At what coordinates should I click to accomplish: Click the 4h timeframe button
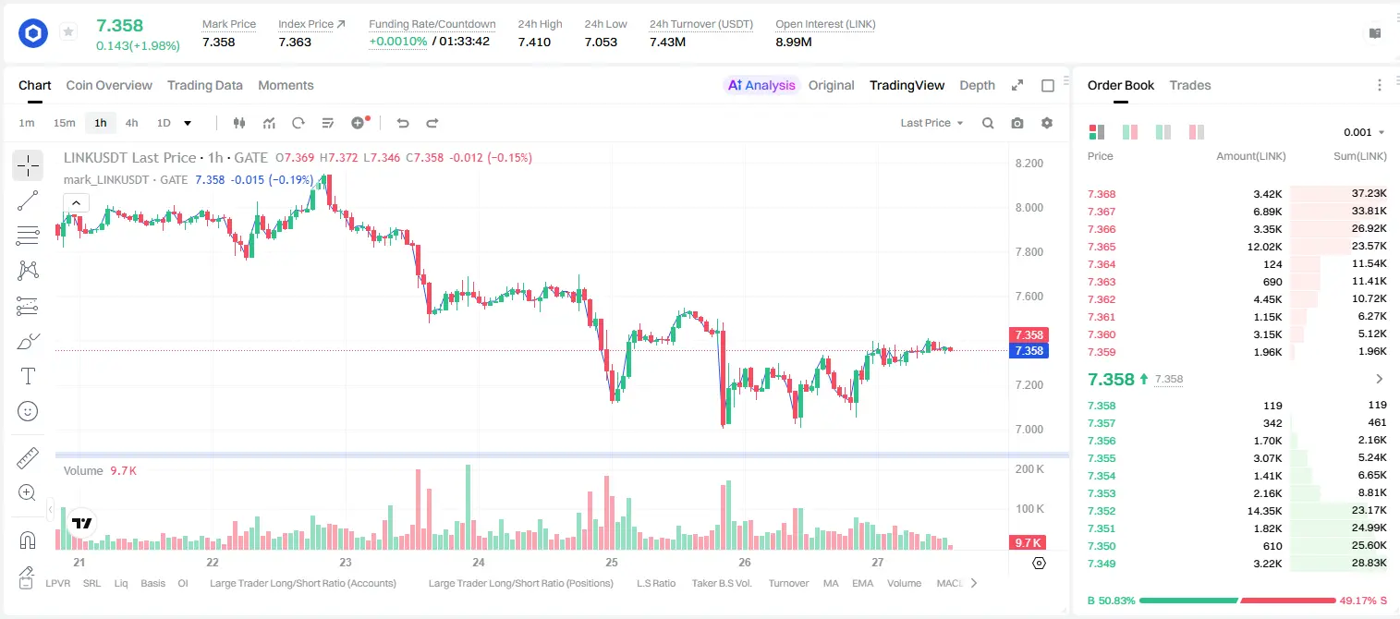pyautogui.click(x=131, y=123)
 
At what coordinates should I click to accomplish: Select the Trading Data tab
pyautogui.click(x=204, y=85)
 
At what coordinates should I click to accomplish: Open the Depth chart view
pyautogui.click(x=977, y=85)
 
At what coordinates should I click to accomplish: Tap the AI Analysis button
pyautogui.click(x=761, y=85)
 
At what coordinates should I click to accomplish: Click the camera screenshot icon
pyautogui.click(x=1017, y=123)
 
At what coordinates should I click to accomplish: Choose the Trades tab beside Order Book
pyautogui.click(x=1190, y=85)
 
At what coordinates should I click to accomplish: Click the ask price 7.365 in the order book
pyautogui.click(x=1102, y=247)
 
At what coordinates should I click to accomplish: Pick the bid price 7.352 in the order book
pyautogui.click(x=1102, y=511)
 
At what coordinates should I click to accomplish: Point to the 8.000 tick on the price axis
pyautogui.click(x=1029, y=207)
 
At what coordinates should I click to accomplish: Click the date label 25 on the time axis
pyautogui.click(x=611, y=562)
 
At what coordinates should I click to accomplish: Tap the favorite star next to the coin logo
pyautogui.click(x=68, y=31)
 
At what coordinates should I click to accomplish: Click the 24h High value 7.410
pyautogui.click(x=534, y=42)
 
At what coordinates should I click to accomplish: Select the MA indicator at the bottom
pyautogui.click(x=831, y=583)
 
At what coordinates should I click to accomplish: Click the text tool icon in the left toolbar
pyautogui.click(x=28, y=376)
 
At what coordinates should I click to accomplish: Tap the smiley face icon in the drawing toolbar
pyautogui.click(x=28, y=411)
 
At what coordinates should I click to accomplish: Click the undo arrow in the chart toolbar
pyautogui.click(x=403, y=123)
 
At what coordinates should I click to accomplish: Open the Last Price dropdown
pyautogui.click(x=931, y=123)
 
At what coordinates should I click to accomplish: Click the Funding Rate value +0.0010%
pyautogui.click(x=398, y=42)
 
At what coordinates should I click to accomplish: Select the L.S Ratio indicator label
pyautogui.click(x=655, y=583)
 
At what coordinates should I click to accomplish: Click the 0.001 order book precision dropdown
pyautogui.click(x=1364, y=132)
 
